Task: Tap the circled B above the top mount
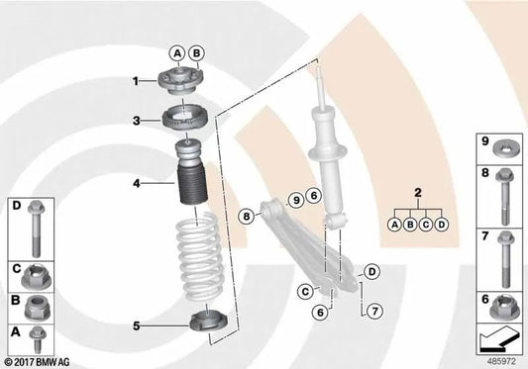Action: tap(195, 52)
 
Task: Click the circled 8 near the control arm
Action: tap(246, 214)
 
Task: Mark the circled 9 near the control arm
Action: tap(294, 199)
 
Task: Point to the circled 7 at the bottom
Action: tap(373, 313)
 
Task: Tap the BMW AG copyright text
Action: tap(41, 361)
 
